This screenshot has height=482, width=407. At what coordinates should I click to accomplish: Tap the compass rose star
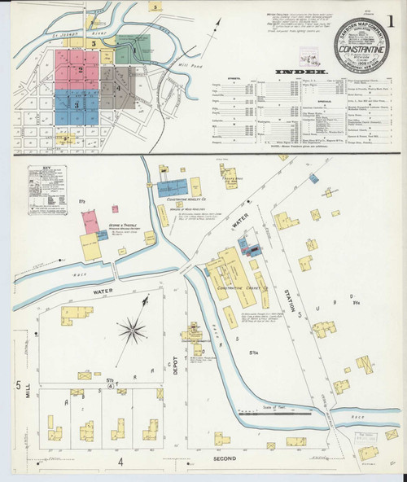(130, 330)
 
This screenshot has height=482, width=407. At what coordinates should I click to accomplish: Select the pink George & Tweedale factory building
(91, 221)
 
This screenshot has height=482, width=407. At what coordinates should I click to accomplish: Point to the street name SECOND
(224, 458)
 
